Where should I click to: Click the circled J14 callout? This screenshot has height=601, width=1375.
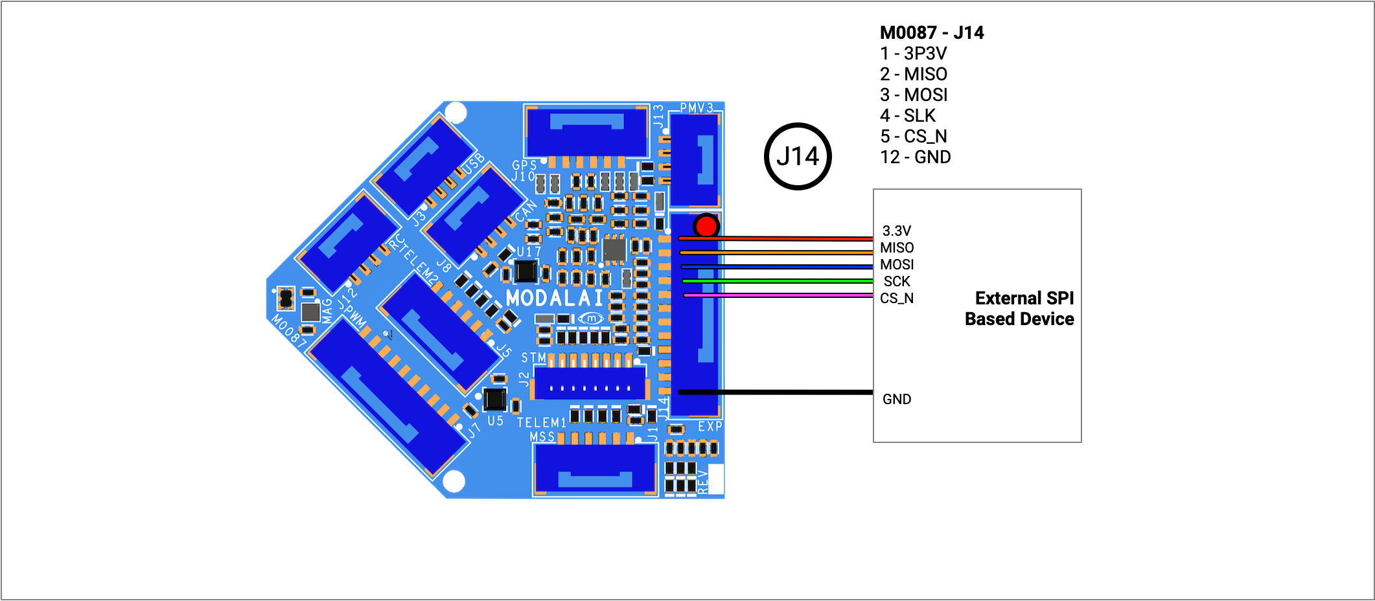[x=798, y=156]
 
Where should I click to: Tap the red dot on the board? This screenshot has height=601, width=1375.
[x=706, y=226]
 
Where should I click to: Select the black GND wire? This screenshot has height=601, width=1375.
[x=776, y=392]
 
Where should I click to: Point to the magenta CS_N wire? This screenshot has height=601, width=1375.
[x=778, y=295]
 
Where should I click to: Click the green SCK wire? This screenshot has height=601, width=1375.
[x=778, y=281]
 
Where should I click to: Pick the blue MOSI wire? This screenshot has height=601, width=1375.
[x=777, y=267]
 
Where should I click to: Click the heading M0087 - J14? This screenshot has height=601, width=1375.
[x=931, y=32]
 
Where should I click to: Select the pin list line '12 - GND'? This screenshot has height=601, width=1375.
[x=915, y=157]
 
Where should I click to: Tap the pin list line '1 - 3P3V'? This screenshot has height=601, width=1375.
[x=913, y=53]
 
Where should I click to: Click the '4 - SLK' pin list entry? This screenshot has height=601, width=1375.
[x=908, y=115]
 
